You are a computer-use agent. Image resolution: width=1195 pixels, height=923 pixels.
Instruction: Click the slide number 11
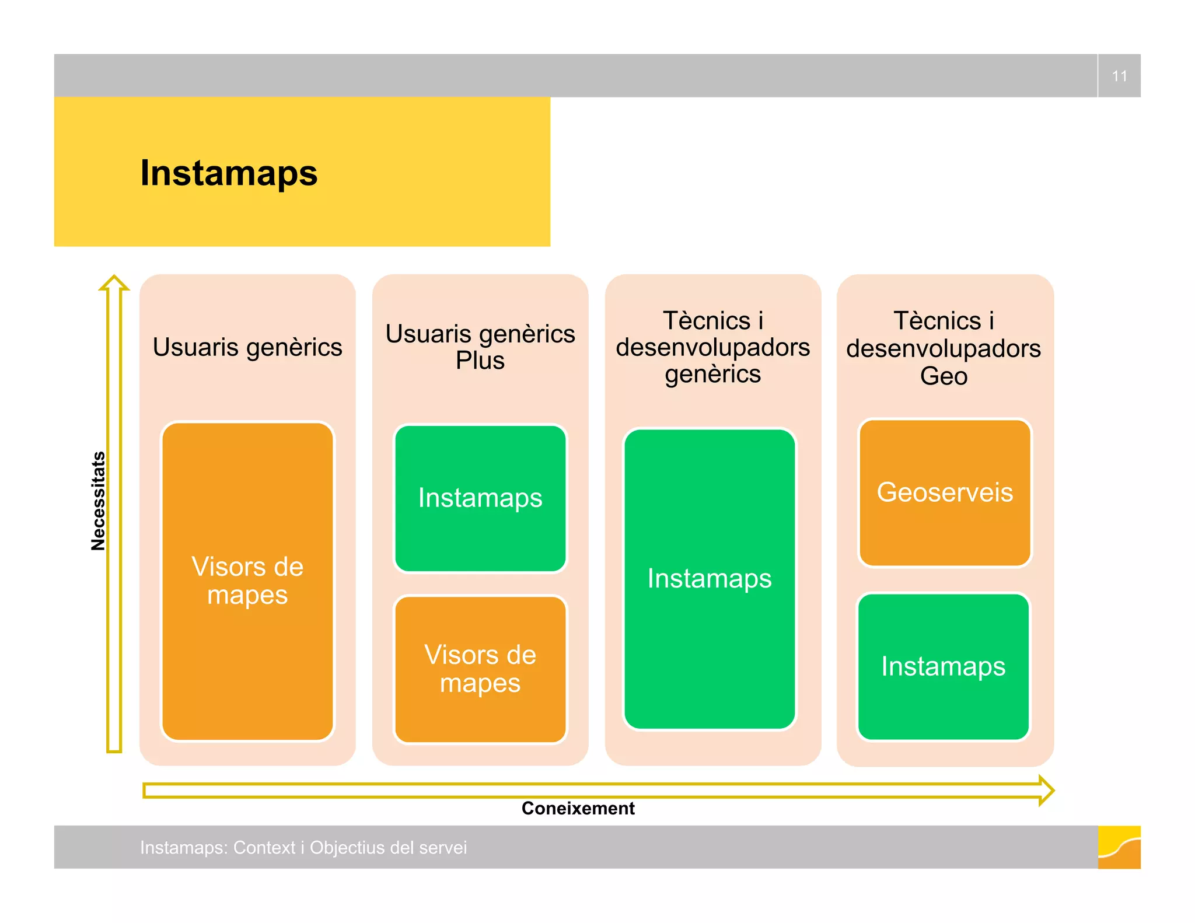coord(1119,76)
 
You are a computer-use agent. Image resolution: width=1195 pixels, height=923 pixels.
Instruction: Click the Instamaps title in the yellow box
coord(229,173)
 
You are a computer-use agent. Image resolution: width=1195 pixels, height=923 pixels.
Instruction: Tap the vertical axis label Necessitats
coord(98,501)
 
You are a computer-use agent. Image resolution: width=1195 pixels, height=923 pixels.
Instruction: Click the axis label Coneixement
coord(578,808)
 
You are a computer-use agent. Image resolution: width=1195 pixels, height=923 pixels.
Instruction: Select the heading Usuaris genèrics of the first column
coord(247,347)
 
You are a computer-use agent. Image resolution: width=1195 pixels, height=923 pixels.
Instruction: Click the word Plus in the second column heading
coord(480,361)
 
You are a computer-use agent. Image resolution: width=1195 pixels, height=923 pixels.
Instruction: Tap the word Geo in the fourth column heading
coord(944,376)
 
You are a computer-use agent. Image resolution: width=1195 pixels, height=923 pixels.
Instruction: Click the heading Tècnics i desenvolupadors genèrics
coord(712,347)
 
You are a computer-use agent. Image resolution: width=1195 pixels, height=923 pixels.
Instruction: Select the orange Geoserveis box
coord(945,492)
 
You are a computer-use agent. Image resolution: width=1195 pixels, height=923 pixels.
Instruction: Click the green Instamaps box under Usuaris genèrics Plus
coord(480,498)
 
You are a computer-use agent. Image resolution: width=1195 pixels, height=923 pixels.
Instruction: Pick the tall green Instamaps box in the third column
coord(710,579)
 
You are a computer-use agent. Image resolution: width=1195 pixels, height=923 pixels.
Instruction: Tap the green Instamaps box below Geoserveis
coord(943,666)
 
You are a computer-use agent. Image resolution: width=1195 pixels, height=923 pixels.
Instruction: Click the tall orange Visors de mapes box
coord(247,581)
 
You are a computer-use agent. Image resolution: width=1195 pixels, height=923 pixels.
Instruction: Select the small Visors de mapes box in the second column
coord(480,669)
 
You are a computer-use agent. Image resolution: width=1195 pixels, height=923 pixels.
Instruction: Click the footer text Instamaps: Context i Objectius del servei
coord(303,847)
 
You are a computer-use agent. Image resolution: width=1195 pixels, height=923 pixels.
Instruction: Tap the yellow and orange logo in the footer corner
coord(1119,847)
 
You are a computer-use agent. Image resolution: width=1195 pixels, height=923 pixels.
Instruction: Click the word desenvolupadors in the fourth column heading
coord(944,349)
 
